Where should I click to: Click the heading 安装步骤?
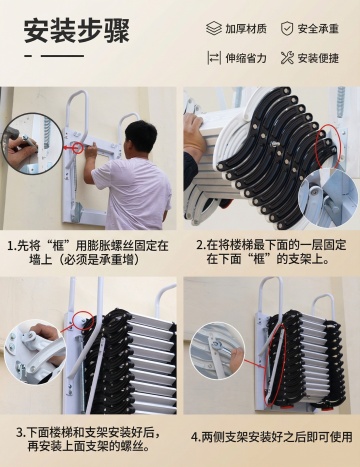pyautogui.click(x=76, y=31)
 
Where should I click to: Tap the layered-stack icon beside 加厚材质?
pyautogui.click(x=214, y=28)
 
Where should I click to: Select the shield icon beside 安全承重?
pyautogui.click(x=287, y=28)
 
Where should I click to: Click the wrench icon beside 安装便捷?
pyautogui.click(x=287, y=58)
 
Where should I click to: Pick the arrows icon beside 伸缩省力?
pyautogui.click(x=214, y=58)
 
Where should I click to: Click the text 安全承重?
pyautogui.click(x=318, y=29)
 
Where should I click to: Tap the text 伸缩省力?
pyautogui.click(x=246, y=58)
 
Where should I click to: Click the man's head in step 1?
pyautogui.click(x=140, y=136)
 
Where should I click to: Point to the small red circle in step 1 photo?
pyautogui.click(x=78, y=147)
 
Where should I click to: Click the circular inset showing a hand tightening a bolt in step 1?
pyautogui.click(x=25, y=143)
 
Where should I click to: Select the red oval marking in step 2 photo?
pyautogui.click(x=327, y=146)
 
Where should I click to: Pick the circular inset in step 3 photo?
pyautogui.click(x=35, y=352)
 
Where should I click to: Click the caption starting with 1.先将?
pyautogui.click(x=88, y=252)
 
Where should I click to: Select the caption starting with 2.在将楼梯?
pyautogui.click(x=271, y=252)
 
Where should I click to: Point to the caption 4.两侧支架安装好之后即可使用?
pyautogui.click(x=271, y=436)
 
